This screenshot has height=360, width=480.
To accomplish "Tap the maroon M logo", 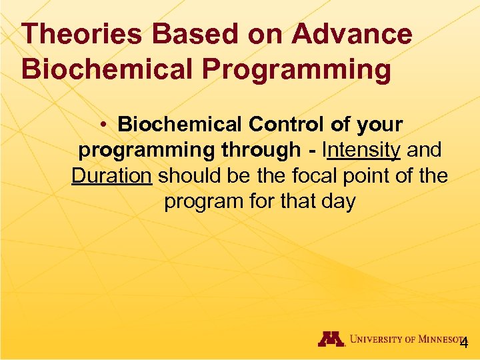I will click(x=331, y=339).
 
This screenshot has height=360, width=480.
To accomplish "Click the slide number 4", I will click(x=464, y=343).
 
